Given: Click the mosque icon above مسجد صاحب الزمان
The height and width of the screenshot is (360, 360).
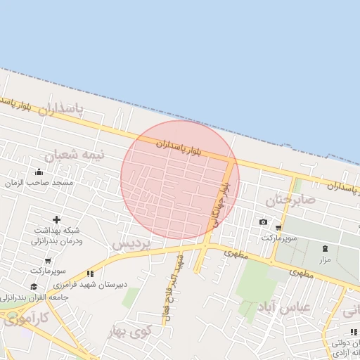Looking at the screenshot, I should [x=39, y=172].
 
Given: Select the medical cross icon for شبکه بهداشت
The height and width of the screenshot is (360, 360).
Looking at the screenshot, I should [x=56, y=220].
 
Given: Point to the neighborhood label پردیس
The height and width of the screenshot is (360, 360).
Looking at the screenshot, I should [x=131, y=244].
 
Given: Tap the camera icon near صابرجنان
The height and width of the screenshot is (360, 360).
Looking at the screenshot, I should [x=263, y=222].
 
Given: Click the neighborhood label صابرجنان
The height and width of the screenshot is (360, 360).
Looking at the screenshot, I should [x=290, y=200].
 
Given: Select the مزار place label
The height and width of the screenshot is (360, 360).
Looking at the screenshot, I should [x=324, y=259].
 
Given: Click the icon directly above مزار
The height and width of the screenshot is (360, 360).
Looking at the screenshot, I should [x=325, y=248].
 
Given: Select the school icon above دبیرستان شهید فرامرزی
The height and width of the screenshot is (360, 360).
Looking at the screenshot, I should [x=90, y=274].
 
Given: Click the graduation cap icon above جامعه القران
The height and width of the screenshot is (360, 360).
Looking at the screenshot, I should [x=34, y=286].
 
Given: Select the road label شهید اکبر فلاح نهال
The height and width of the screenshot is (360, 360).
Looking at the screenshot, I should [x=173, y=288].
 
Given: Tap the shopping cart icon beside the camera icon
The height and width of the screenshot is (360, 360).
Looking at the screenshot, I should [x=279, y=227].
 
